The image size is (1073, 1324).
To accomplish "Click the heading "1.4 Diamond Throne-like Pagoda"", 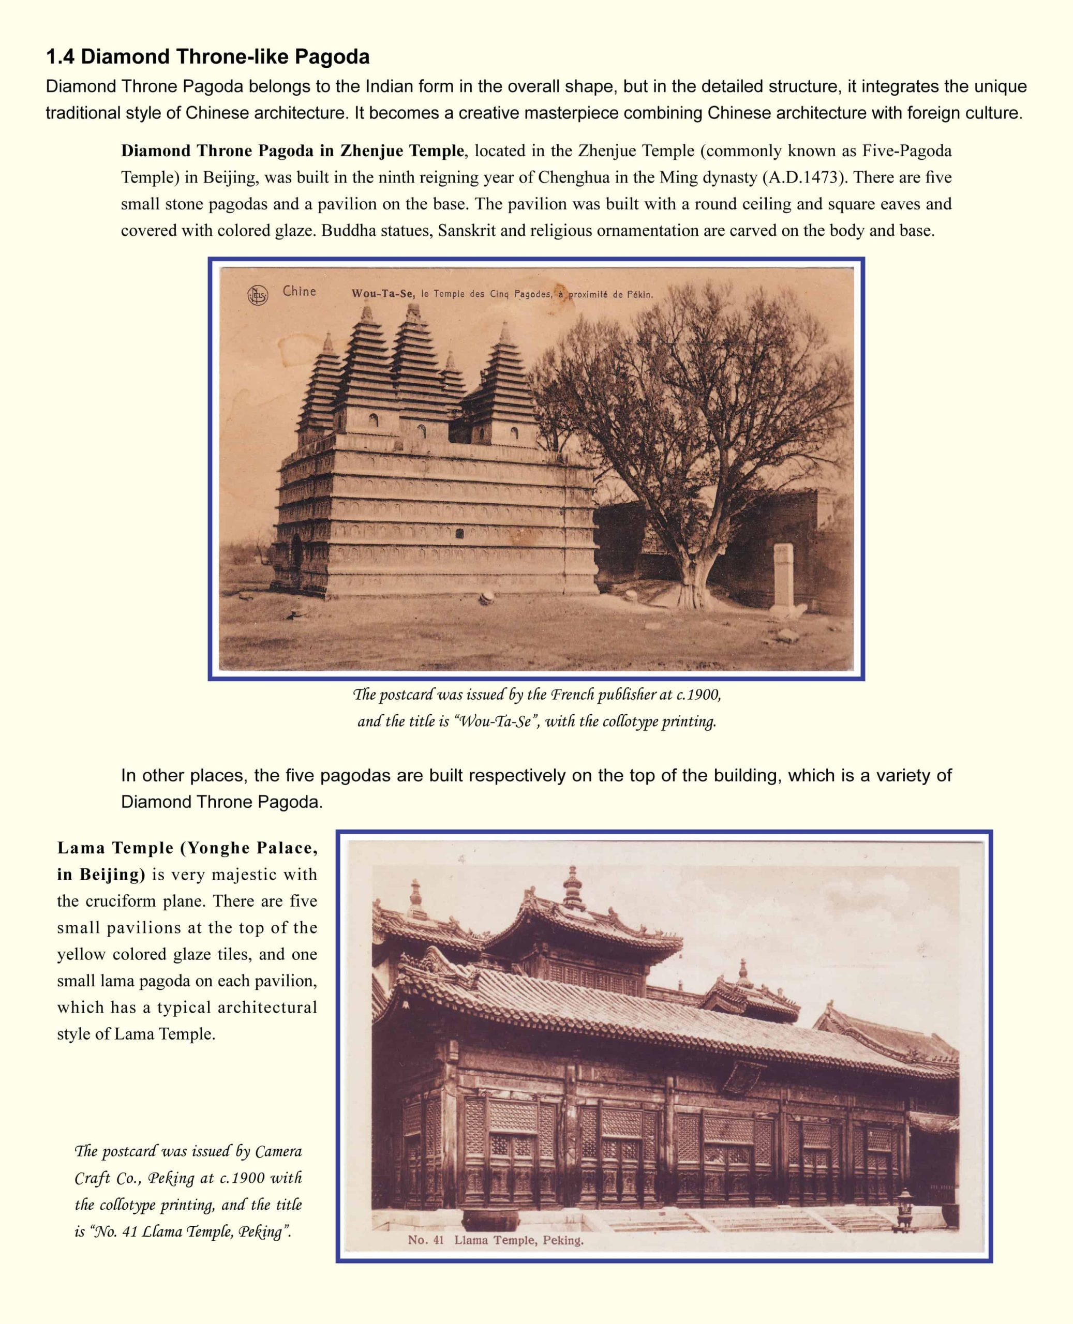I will pos(207,57).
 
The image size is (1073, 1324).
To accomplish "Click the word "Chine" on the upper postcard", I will pos(299,292).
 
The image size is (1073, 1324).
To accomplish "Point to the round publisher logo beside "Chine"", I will pos(257,296).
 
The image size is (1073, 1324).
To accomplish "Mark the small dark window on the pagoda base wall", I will pos(459,533).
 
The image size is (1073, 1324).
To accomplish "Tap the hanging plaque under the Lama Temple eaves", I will pos(742,1076).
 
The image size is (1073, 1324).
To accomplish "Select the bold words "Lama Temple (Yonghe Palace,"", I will pos(187,848).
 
